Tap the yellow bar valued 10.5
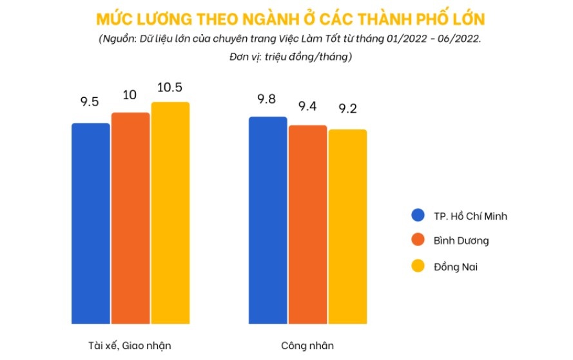[170, 213]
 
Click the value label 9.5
[90, 101]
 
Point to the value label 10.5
[170, 88]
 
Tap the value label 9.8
[267, 99]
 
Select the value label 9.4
[307, 106]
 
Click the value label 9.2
[347, 109]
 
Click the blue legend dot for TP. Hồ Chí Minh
[419, 216]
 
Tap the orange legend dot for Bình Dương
[419, 240]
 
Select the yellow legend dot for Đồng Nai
[419, 265]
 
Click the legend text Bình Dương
[461, 241]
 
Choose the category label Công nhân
[307, 345]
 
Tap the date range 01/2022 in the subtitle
[405, 38]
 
